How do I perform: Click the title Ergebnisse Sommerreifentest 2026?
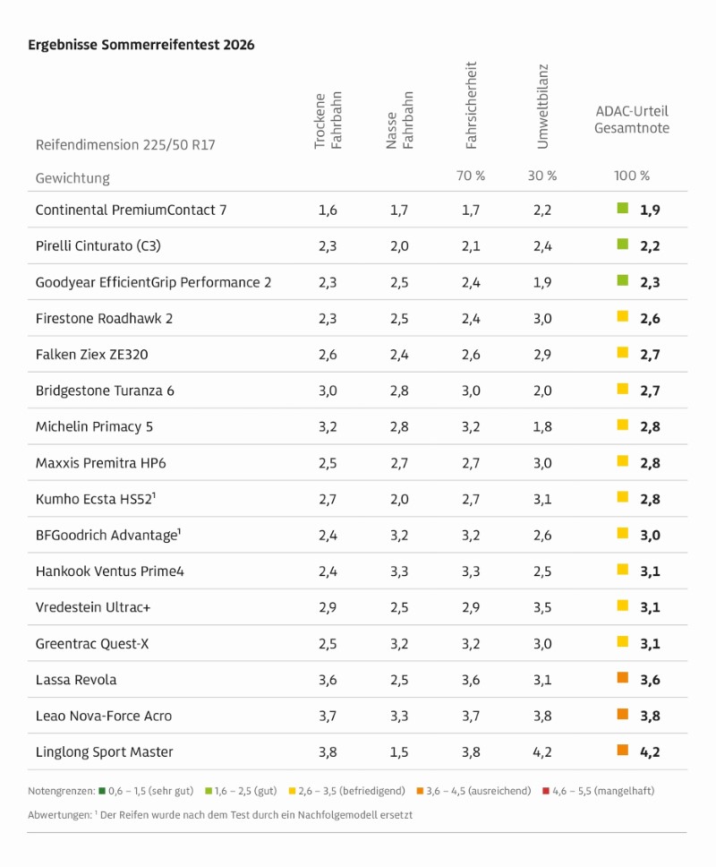tap(141, 45)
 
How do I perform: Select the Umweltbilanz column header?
tap(542, 106)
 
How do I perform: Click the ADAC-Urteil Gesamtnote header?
tap(632, 120)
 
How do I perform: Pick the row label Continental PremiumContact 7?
tap(131, 210)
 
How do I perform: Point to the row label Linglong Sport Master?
tap(105, 751)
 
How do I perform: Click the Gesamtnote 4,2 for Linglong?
tap(650, 751)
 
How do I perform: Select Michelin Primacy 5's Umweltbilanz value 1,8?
tap(541, 426)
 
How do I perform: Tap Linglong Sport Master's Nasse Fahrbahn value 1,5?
tap(400, 751)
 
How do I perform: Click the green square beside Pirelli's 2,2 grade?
tap(623, 245)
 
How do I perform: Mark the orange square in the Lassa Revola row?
tap(623, 678)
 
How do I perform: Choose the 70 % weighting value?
tap(471, 176)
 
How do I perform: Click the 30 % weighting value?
tap(541, 176)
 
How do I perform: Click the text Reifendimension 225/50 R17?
tap(125, 144)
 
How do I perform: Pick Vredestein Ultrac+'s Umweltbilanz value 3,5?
tap(541, 607)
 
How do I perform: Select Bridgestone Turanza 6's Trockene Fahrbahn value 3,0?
tap(328, 391)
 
